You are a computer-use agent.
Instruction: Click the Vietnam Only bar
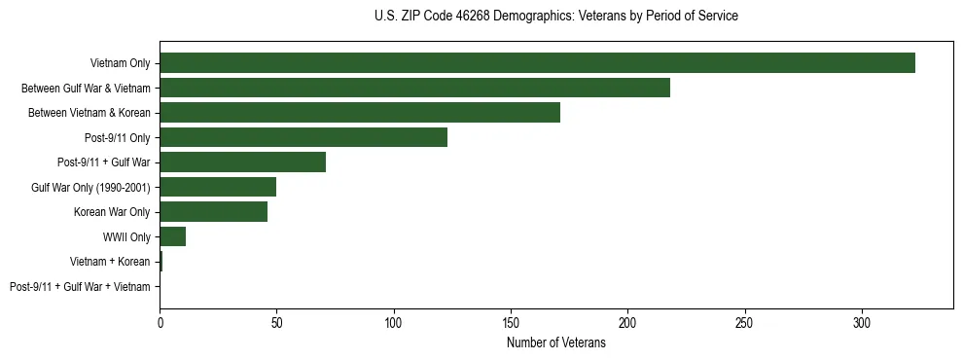pos(537,63)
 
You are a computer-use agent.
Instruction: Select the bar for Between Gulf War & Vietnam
pos(414,88)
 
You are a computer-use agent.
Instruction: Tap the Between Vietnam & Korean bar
pos(360,113)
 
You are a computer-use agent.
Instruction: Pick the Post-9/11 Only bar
pos(303,137)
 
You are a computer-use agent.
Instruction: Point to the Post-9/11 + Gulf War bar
pos(242,162)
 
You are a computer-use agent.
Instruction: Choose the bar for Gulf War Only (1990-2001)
pos(218,187)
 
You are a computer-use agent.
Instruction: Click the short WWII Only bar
pos(172,236)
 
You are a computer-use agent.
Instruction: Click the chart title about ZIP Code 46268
pos(555,17)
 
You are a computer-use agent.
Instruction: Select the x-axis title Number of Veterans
pos(555,343)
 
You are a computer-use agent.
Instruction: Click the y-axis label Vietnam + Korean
pos(110,262)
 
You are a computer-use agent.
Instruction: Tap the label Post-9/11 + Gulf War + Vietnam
pos(80,287)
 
